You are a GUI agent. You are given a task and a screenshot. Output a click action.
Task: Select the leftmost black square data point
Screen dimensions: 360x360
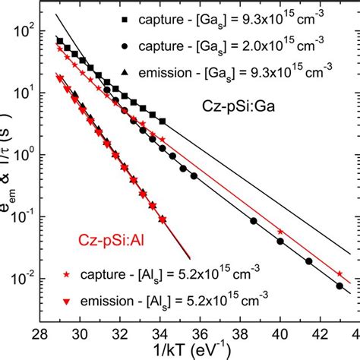(60, 40)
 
